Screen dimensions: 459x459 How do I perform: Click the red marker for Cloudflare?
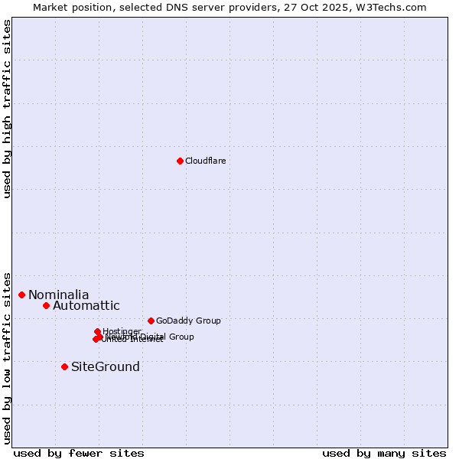coord(180,161)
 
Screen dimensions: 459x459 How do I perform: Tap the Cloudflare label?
coord(205,161)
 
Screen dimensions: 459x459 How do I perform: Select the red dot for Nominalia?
coord(22,295)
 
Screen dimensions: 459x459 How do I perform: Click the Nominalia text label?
coord(59,295)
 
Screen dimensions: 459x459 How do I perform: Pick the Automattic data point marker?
coord(46,305)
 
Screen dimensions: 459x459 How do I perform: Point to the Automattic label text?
coord(86,306)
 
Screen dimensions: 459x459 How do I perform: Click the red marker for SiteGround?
coord(64,366)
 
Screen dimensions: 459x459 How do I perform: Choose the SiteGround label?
coord(106,367)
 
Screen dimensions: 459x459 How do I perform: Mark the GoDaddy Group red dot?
coord(151,321)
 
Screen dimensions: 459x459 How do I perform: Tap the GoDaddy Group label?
coord(188,321)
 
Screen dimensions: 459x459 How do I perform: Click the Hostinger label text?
coord(122,331)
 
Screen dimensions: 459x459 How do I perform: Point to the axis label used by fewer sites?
coord(79,453)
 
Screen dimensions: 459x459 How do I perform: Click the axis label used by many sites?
coord(384,453)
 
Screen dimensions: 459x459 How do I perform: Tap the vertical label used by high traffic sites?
coord(8,109)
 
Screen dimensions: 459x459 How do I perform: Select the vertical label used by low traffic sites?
coord(8,357)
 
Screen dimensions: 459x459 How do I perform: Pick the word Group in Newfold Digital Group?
coord(181,337)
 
